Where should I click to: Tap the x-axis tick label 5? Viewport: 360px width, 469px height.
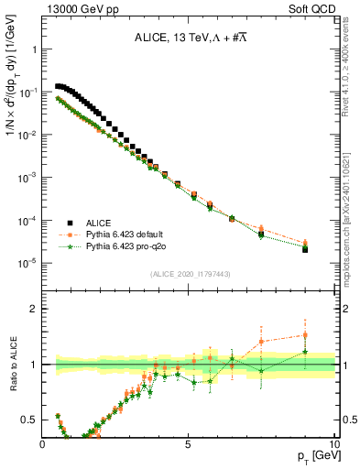[188, 444]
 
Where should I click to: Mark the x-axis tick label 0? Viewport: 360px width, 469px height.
[42, 444]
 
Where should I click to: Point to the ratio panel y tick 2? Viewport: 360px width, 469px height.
[33, 309]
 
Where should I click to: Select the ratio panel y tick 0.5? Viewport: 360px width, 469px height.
[29, 420]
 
